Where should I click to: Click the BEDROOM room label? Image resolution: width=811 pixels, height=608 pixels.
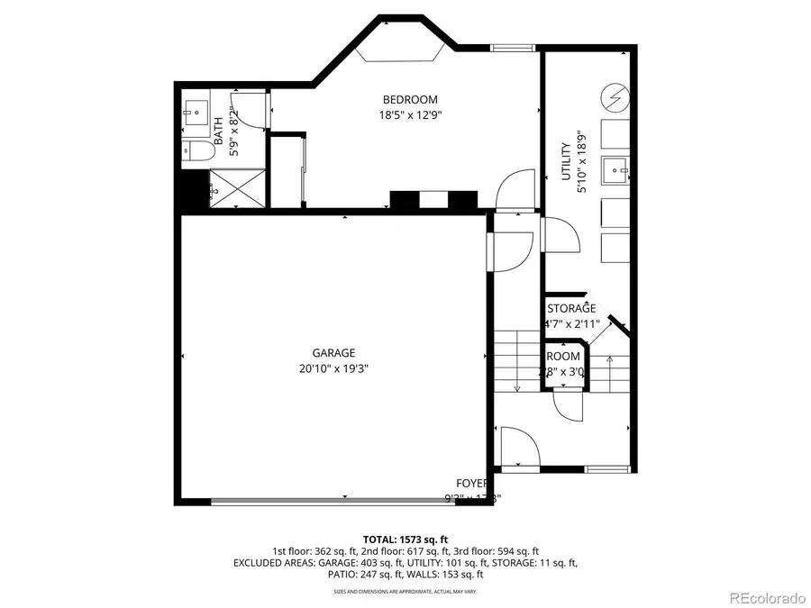tap(410, 100)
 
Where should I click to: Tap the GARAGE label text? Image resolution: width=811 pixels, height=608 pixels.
tap(333, 353)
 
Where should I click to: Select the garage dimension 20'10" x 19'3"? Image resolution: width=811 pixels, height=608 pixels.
tap(333, 368)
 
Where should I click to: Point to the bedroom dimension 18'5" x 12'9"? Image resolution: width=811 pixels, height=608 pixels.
tap(410, 114)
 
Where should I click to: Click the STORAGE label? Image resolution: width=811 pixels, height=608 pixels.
tap(571, 308)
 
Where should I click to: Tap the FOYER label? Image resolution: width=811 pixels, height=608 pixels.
tap(471, 484)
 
